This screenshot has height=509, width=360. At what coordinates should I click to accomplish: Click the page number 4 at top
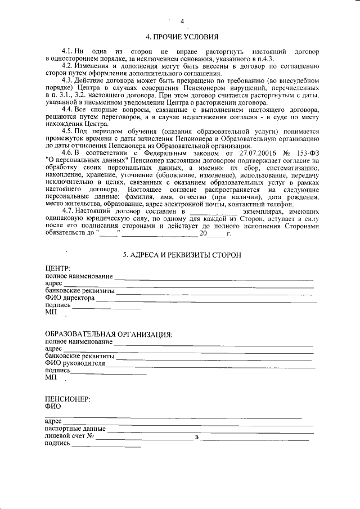click(182, 22)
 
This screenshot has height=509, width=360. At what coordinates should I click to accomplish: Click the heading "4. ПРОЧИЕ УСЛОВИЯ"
click(182, 38)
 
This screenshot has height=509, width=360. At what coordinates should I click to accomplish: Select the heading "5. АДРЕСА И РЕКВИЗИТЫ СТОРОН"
click(182, 255)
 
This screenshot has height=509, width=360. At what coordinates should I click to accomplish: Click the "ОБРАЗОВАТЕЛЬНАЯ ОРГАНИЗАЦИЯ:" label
click(108, 334)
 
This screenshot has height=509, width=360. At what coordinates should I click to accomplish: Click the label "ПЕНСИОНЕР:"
click(67, 399)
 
